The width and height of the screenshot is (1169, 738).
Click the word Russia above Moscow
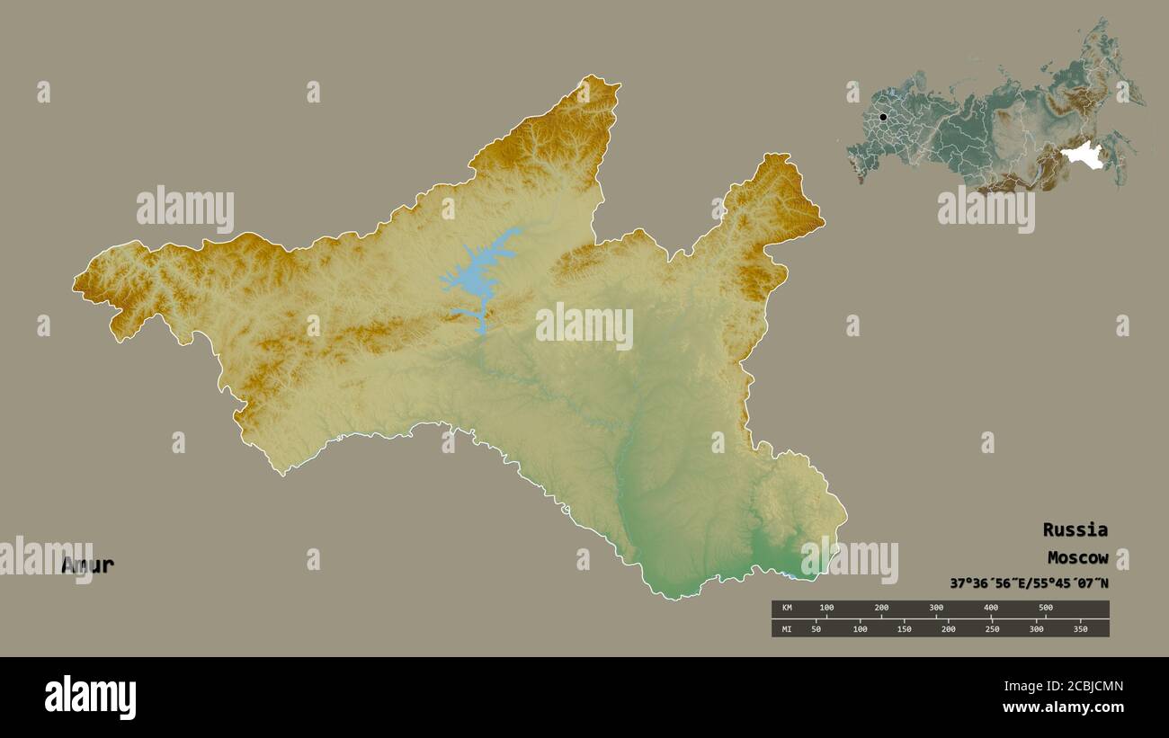click(1075, 529)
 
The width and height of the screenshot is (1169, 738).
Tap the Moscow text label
click(1077, 557)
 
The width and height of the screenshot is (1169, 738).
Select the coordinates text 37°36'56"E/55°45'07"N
click(1029, 583)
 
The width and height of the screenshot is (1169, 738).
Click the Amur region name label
click(88, 565)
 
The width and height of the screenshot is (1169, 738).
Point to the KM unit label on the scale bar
click(786, 609)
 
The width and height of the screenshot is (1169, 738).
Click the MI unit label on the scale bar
click(786, 629)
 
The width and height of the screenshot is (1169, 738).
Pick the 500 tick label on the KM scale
click(1045, 609)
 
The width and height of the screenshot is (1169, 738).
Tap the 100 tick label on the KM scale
click(826, 609)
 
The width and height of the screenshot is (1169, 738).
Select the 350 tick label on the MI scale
click(1080, 629)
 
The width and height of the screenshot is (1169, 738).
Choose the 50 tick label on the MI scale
click(817, 629)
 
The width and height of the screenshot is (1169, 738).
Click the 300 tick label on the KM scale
click(936, 609)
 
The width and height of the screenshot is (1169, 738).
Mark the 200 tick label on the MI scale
click(948, 629)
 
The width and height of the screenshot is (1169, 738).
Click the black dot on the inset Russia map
click(883, 117)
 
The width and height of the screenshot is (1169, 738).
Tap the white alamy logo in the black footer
click(91, 698)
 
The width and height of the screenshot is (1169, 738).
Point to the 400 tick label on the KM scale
click(991, 609)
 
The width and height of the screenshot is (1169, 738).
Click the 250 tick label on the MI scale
click(992, 629)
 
